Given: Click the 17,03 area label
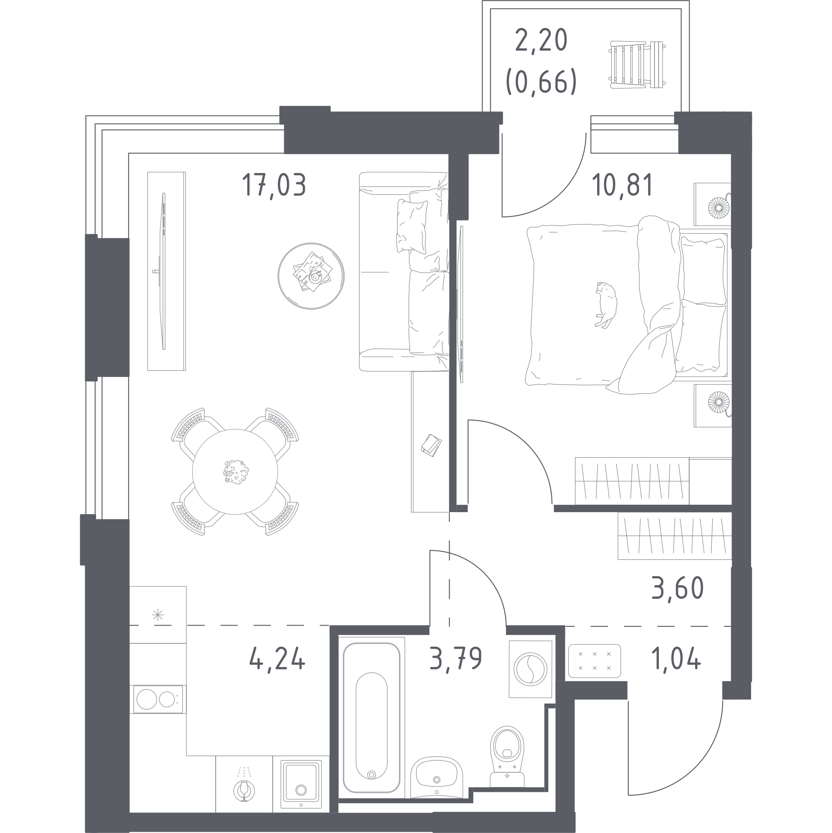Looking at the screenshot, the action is click(x=274, y=185).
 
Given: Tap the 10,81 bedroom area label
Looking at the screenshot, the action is click(x=623, y=185).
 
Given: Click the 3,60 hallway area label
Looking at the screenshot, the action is click(x=677, y=588).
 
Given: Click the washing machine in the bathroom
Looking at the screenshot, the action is click(x=530, y=669).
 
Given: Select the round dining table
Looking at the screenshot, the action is click(x=235, y=472).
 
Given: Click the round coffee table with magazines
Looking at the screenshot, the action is click(x=311, y=276).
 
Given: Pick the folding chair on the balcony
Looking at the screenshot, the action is click(x=637, y=65).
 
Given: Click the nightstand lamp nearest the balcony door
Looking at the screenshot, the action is click(x=719, y=207).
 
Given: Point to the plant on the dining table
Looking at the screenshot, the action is click(x=236, y=472).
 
